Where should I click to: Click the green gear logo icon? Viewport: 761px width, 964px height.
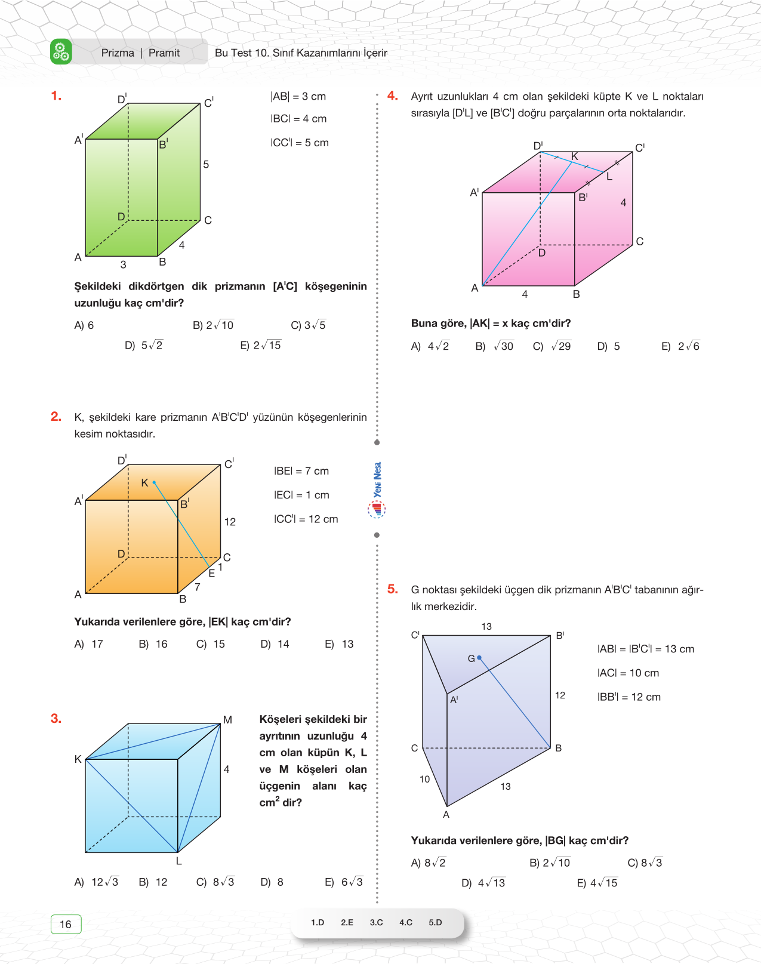(x=61, y=52)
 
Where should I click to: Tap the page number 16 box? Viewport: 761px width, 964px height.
(x=66, y=924)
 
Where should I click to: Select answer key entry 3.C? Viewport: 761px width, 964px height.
(x=376, y=922)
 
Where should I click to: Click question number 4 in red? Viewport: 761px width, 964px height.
(x=392, y=96)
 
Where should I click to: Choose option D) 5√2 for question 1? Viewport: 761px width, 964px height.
(x=144, y=346)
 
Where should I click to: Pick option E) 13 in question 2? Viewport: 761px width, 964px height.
(x=340, y=644)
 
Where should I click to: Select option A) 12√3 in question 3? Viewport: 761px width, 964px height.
(x=97, y=882)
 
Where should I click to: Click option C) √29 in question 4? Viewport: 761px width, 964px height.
(x=552, y=346)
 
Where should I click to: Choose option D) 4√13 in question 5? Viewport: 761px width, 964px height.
(x=483, y=883)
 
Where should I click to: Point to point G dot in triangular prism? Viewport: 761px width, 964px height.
(x=479, y=658)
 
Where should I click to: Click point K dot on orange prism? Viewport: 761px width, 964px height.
(x=154, y=482)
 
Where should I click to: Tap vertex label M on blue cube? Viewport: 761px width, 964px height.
(x=227, y=720)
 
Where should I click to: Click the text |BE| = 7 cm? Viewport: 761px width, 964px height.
(x=301, y=471)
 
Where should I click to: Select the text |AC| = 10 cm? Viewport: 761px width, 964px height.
(x=628, y=673)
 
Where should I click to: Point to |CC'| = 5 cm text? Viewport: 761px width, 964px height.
(x=300, y=143)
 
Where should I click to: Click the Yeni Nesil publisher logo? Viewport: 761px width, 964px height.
(x=377, y=489)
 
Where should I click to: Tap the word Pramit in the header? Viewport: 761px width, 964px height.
(x=164, y=53)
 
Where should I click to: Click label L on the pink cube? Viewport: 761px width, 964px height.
(x=609, y=177)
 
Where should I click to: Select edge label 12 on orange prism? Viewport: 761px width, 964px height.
(x=230, y=522)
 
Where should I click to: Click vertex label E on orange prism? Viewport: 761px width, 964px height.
(x=212, y=573)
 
